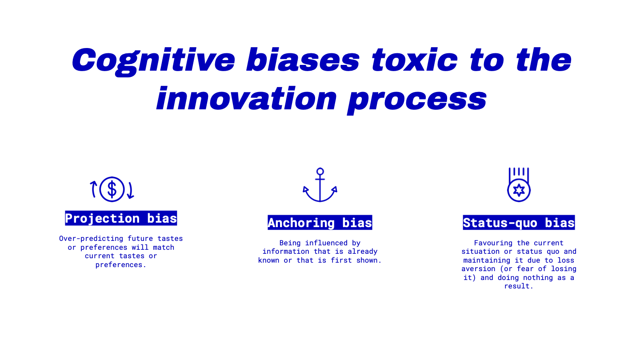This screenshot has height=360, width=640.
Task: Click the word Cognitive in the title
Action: tap(153, 60)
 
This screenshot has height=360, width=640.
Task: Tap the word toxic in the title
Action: tap(415, 60)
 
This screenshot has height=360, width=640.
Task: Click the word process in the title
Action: tap(417, 100)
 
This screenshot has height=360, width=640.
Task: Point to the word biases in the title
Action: tap(303, 60)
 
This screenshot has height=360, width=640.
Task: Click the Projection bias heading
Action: tap(121, 218)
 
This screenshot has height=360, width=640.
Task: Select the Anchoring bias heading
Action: tap(320, 223)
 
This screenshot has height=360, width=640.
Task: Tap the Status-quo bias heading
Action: tap(519, 223)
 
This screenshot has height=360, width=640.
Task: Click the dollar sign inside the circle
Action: tap(112, 189)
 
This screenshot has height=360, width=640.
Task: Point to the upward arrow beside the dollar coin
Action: tap(93, 189)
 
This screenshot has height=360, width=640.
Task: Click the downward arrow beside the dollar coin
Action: tap(131, 190)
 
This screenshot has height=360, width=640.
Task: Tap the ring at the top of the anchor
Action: tap(320, 172)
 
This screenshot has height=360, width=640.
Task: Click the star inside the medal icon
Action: tap(519, 190)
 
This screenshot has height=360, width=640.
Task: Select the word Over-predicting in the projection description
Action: tap(91, 239)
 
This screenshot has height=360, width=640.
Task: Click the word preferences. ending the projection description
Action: tap(121, 265)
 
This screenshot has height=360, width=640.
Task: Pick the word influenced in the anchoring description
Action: tap(326, 243)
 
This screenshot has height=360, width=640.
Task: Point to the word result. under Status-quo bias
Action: tap(519, 286)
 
